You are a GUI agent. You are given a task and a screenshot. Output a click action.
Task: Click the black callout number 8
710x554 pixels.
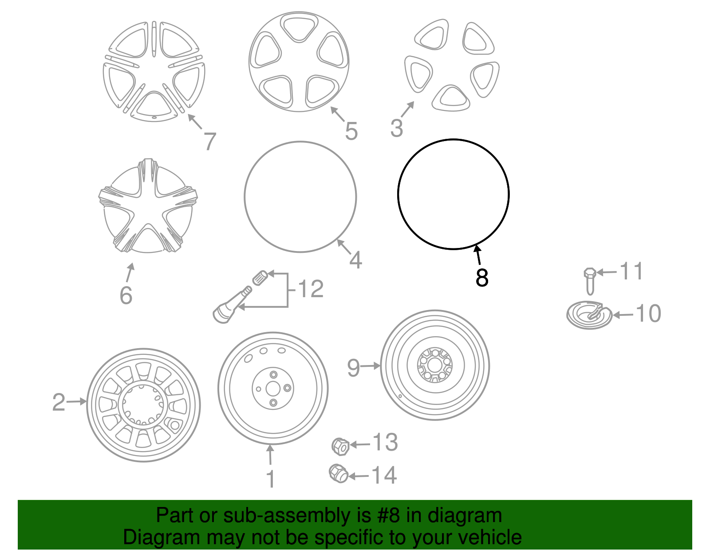[x=481, y=278]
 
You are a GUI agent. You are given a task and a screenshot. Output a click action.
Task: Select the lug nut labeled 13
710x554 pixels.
[x=340, y=446]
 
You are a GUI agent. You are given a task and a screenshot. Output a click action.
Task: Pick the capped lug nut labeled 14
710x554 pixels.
[x=338, y=473]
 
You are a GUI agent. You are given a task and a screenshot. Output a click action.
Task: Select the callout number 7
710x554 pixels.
[x=210, y=141]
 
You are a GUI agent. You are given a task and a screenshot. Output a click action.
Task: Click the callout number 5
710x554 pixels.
[x=351, y=131]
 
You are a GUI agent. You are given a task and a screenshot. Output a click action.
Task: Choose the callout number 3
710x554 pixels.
[x=396, y=128]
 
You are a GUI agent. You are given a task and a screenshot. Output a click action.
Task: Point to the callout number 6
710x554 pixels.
[x=126, y=295]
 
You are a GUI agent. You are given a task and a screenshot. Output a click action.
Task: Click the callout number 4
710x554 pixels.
[x=355, y=260]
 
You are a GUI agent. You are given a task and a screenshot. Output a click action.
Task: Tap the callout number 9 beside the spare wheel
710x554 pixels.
[x=353, y=368]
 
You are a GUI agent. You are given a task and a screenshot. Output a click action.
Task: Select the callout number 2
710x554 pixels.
[x=59, y=402]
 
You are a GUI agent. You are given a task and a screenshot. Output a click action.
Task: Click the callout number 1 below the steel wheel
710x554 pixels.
[x=270, y=479]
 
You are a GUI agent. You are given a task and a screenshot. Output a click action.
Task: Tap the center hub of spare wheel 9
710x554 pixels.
[x=435, y=365]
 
